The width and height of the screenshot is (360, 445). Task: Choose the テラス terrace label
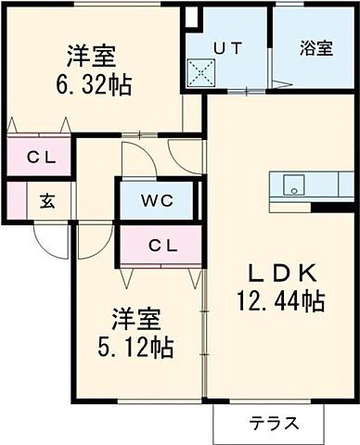(273, 424)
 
